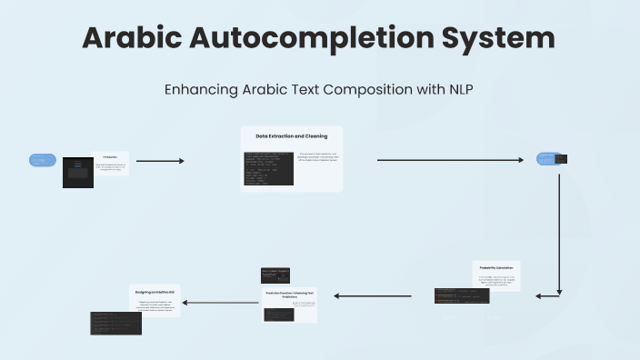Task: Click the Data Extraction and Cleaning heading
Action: click(291, 136)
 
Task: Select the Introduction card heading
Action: click(110, 156)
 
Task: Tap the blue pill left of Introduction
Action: click(43, 161)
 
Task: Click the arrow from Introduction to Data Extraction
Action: click(159, 161)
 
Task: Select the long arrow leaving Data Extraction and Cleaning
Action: click(450, 160)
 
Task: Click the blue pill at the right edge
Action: click(545, 158)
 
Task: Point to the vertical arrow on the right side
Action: click(558, 232)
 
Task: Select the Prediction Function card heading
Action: click(290, 294)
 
